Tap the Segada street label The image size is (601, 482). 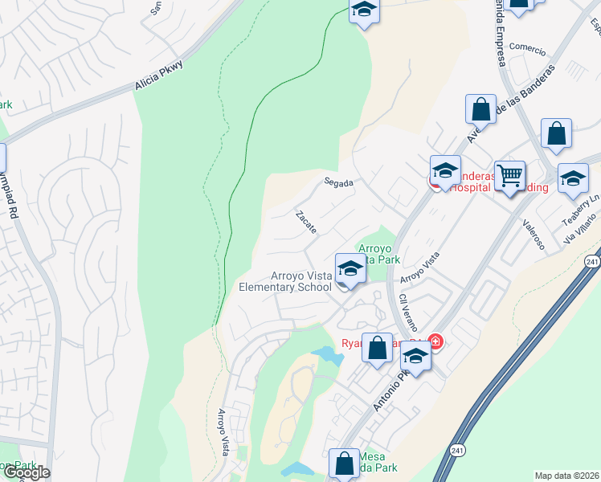[339, 183]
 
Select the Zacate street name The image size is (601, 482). [306, 223]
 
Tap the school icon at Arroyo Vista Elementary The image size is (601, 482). [350, 268]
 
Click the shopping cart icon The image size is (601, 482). [509, 174]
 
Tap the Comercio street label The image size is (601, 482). [527, 47]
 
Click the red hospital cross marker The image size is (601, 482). [435, 342]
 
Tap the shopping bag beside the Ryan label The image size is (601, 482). [377, 347]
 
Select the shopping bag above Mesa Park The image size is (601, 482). [344, 463]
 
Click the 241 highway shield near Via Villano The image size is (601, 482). [591, 261]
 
